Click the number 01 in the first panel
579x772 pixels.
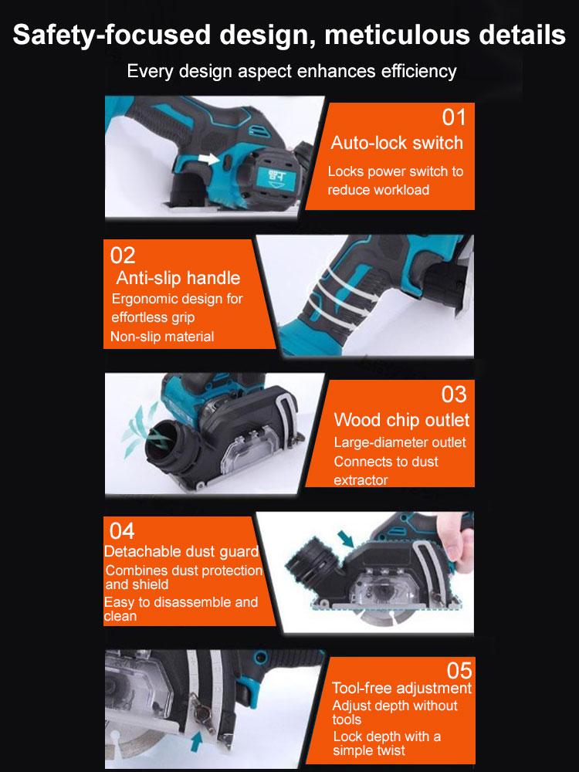tap(454, 117)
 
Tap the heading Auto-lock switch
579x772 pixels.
tap(397, 143)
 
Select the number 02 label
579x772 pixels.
tap(123, 256)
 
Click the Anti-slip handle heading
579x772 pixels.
tap(178, 278)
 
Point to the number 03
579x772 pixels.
tap(454, 394)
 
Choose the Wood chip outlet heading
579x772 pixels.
tap(401, 420)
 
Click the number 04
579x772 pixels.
tap(122, 531)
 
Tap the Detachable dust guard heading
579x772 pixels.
tap(181, 552)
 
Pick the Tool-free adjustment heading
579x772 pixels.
tap(401, 688)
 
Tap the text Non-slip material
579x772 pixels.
tap(162, 337)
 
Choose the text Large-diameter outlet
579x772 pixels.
tap(399, 443)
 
